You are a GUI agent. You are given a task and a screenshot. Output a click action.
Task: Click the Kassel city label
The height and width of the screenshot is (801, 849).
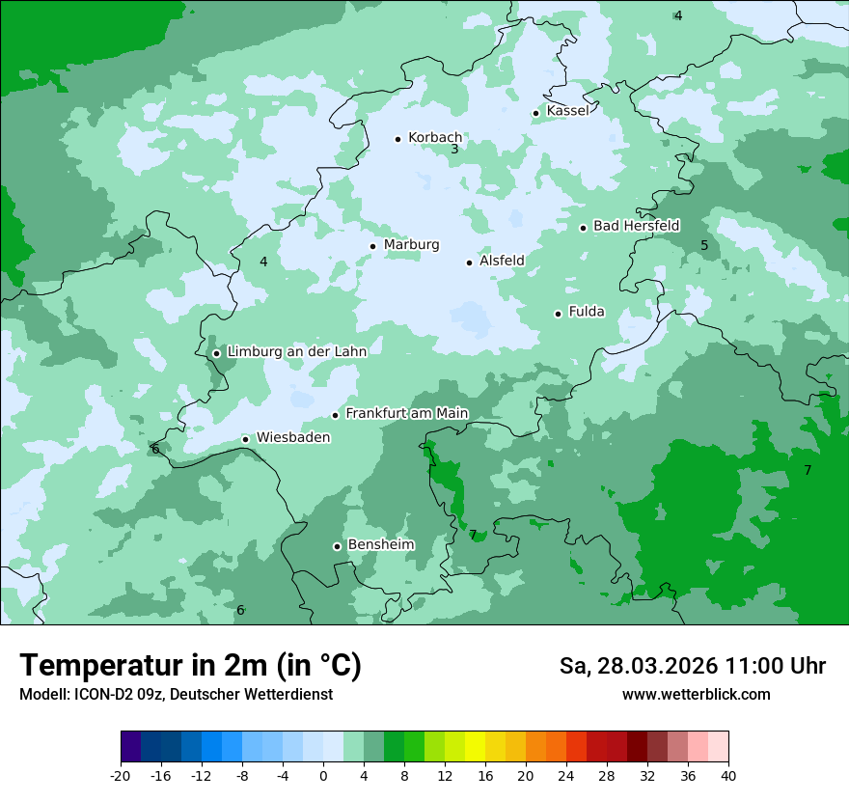coord(567,111)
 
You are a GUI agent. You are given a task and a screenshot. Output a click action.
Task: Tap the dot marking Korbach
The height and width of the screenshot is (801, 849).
coord(397,139)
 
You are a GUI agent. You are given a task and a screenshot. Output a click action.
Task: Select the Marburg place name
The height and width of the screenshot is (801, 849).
coord(411,245)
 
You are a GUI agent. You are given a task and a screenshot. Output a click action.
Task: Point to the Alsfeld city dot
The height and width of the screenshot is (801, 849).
coord(470,262)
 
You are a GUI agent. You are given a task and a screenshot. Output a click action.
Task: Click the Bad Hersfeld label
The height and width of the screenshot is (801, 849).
coord(636,226)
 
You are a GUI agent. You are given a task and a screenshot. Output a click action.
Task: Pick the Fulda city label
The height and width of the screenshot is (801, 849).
coord(587,312)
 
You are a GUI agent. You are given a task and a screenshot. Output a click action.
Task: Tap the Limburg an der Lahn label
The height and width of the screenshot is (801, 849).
coord(296,352)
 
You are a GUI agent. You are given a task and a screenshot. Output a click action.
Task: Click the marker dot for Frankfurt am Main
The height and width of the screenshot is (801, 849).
coord(336,415)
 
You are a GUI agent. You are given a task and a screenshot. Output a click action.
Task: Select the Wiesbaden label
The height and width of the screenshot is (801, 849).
coord(292,438)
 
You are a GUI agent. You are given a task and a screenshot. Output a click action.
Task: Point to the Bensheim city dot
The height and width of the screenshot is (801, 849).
coord(337,546)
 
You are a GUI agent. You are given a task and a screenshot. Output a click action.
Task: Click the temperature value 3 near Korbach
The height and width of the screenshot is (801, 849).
coord(454,150)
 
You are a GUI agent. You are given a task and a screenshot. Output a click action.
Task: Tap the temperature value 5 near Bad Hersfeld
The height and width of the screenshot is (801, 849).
coord(704,246)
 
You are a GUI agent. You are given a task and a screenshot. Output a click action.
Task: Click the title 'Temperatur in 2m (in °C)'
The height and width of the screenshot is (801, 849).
coord(191,666)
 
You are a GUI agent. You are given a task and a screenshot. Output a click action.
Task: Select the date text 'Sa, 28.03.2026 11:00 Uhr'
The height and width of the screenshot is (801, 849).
coord(693,666)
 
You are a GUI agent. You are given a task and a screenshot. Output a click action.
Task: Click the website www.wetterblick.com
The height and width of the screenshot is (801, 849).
coord(697,695)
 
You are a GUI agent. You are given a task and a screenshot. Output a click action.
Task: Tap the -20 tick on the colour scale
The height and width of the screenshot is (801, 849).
coord(121,775)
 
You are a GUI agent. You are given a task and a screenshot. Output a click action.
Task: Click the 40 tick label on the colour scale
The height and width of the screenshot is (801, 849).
coord(728,775)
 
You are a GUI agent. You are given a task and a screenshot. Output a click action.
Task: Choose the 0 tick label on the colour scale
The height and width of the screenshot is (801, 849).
coord(323,775)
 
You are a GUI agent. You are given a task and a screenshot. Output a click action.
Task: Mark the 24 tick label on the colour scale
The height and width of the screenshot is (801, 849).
coord(566,775)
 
